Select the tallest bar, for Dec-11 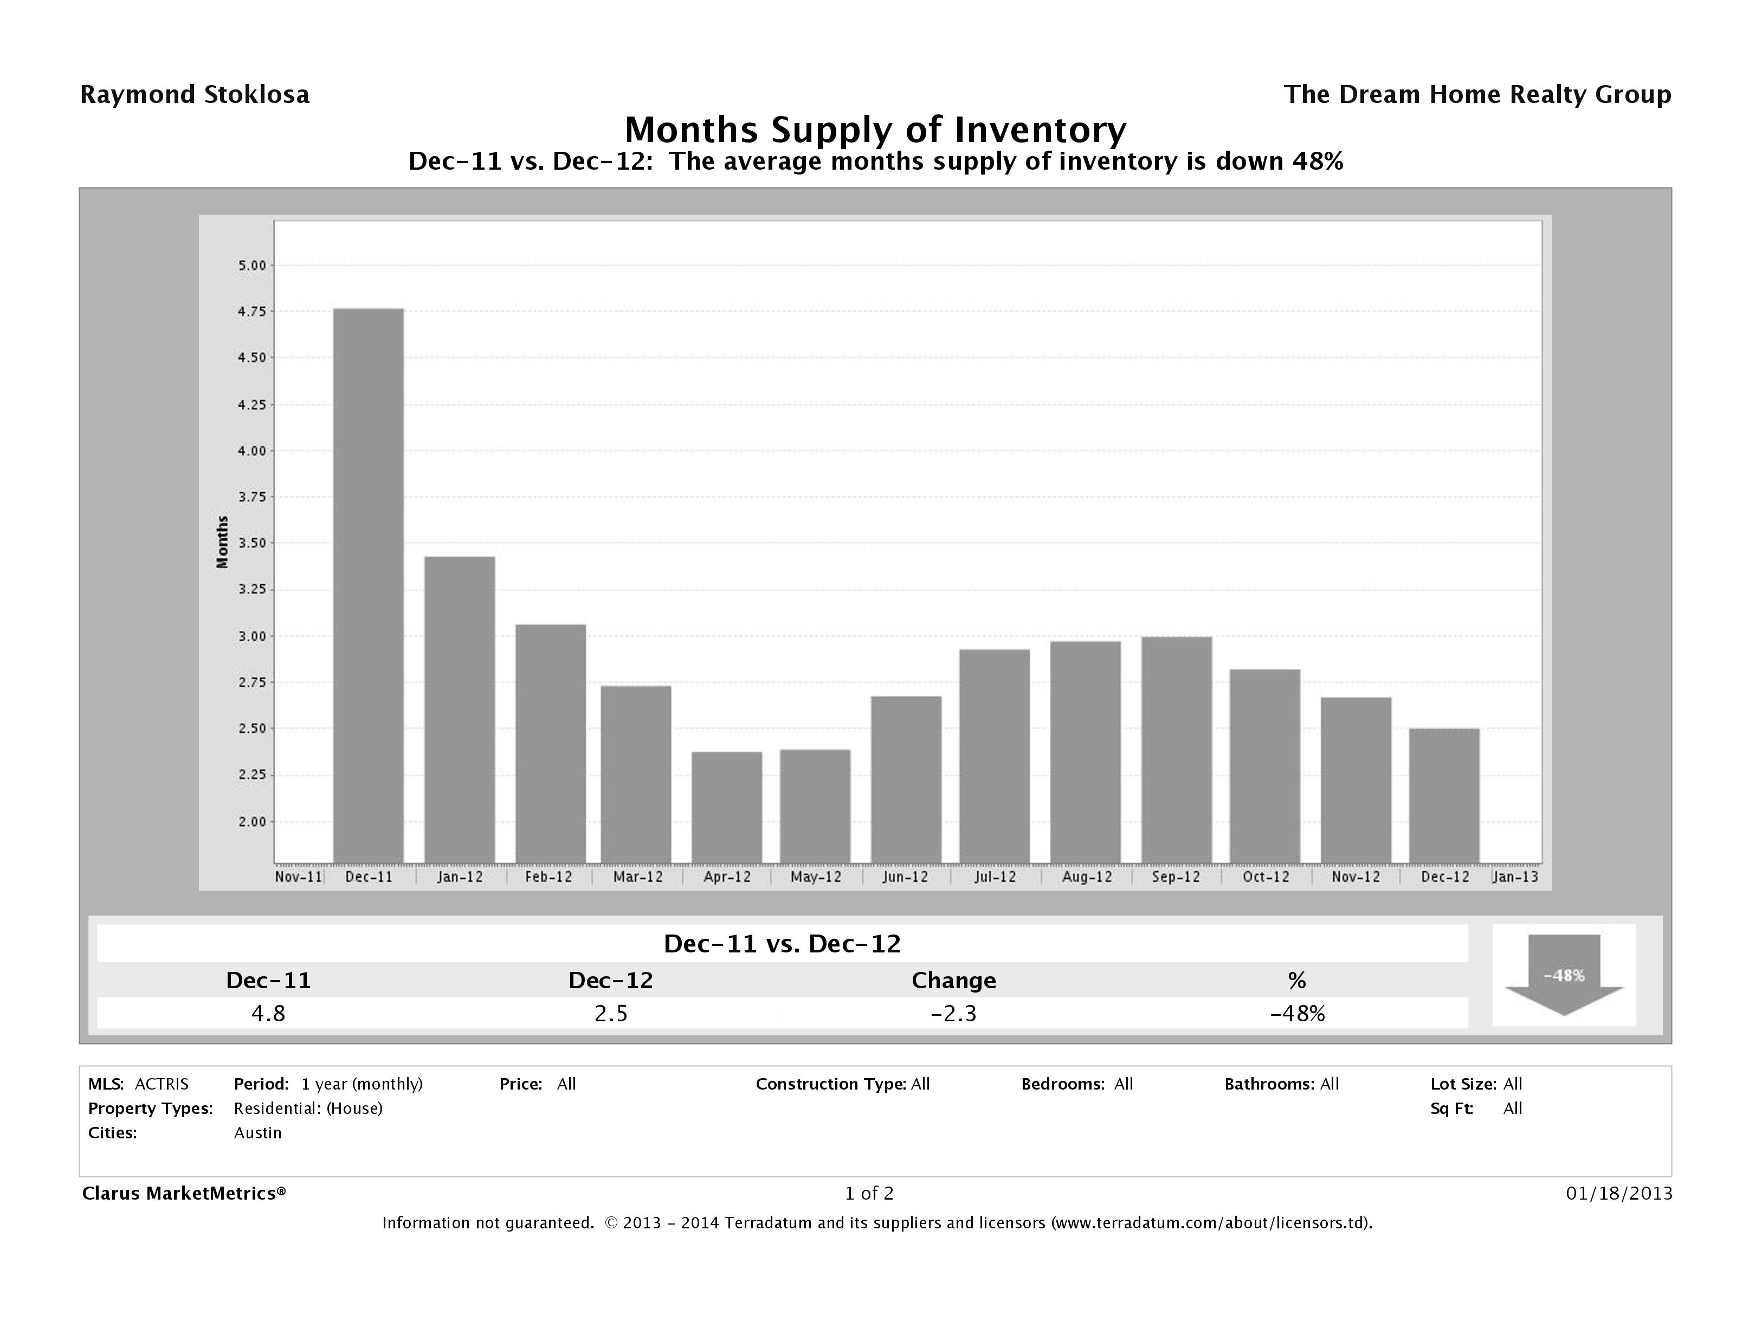coord(369,585)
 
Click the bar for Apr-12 coord(727,807)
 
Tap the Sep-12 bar coord(1177,749)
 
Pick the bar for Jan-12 coord(460,710)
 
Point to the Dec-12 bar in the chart coord(1444,795)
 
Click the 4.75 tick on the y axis coord(252,312)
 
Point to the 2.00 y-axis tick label coord(252,822)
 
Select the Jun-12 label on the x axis coord(905,877)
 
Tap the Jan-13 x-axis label coord(1515,877)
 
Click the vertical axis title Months coord(223,542)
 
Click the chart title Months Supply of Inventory coord(875,130)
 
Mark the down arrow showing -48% coord(1564,975)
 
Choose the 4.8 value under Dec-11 coord(268,1013)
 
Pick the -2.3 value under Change coord(953,1013)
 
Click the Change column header coord(953,981)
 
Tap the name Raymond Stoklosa coord(195,95)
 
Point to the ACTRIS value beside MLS coord(162,1084)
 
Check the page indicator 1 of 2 coord(869,1193)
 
